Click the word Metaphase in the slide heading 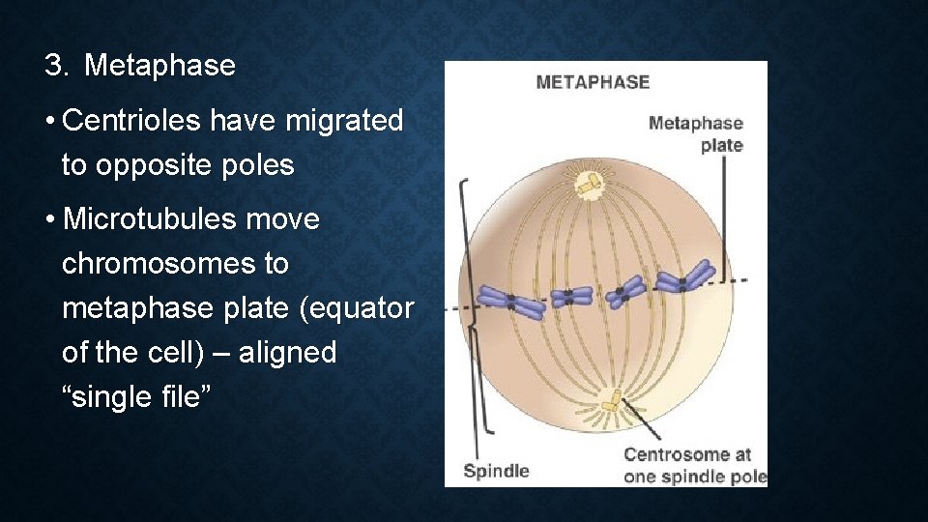159,66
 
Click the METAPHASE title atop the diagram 593,82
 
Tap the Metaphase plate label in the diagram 696,133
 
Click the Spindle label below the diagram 496,471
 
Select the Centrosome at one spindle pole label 694,464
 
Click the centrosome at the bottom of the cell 611,398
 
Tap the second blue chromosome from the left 571,296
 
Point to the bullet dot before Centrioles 48,122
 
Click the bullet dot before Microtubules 48,220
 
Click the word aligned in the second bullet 287,353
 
